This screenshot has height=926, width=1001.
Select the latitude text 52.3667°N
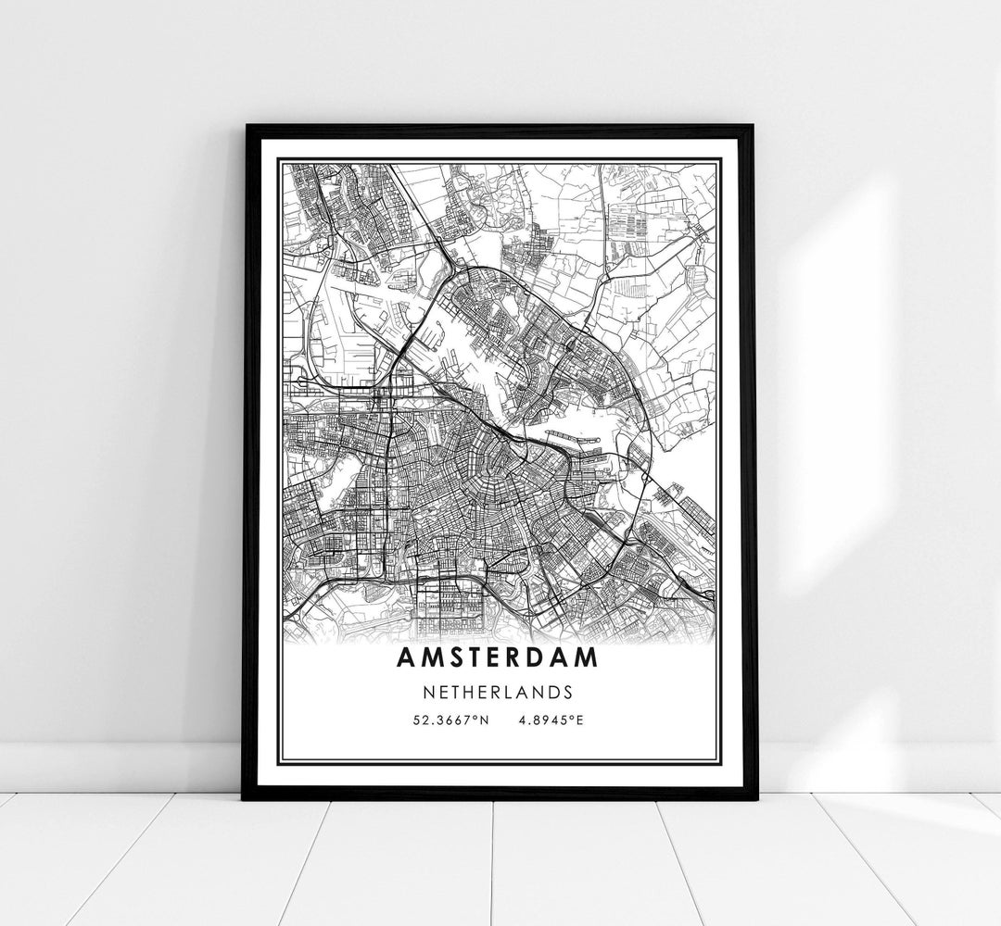point(451,720)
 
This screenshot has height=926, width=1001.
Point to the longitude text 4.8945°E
point(551,720)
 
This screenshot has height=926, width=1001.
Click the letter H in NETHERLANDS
point(475,692)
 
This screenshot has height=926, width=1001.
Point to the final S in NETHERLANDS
point(567,692)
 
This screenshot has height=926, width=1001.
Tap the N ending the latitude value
point(483,720)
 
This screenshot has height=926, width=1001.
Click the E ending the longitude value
point(580,720)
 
